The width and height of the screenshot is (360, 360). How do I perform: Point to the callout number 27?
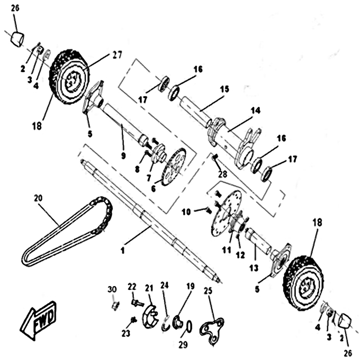pyautogui.click(x=117, y=55)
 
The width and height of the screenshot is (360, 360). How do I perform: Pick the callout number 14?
pyautogui.click(x=256, y=110)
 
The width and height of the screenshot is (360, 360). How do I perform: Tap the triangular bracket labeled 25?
pyautogui.click(x=213, y=327)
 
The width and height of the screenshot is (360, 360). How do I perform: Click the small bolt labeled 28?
pyautogui.click(x=215, y=157)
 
